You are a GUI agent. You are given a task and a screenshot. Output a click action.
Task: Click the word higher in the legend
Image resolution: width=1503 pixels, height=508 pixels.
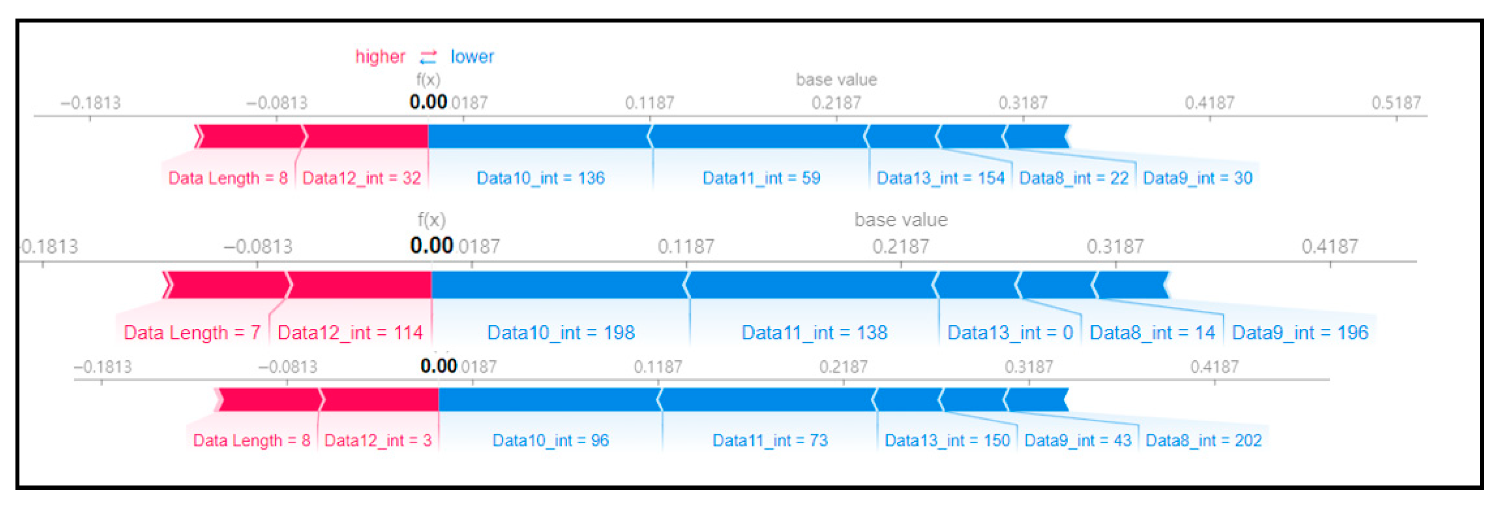click(380, 56)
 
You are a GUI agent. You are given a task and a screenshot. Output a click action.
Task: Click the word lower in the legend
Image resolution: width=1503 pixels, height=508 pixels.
click(472, 56)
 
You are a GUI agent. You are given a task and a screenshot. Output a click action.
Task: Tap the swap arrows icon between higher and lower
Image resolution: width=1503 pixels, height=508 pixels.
click(428, 56)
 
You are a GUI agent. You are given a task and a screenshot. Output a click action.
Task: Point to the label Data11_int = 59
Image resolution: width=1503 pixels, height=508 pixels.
click(761, 178)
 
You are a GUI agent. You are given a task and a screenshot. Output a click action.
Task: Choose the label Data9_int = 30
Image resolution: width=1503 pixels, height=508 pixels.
click(1197, 178)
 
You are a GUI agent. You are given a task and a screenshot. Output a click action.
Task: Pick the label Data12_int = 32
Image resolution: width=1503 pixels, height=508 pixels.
click(361, 178)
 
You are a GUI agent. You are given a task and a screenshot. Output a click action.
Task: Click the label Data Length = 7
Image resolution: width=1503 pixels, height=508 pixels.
click(192, 332)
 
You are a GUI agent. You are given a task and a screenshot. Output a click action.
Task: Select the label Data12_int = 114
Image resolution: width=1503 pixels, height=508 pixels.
click(349, 332)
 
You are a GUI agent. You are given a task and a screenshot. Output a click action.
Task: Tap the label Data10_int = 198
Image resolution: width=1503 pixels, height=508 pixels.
click(561, 332)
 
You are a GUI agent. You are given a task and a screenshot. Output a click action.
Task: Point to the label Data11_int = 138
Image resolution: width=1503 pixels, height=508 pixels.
click(814, 332)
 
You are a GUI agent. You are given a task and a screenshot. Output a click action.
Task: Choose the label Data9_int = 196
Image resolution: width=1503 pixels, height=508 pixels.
click(1300, 332)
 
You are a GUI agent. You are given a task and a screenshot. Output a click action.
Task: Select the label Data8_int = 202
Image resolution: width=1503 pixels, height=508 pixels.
click(1204, 440)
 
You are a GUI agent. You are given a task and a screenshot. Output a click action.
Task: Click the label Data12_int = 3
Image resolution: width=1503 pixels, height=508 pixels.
click(378, 440)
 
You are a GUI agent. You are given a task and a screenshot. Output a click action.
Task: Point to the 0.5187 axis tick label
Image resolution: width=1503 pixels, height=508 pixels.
click(1396, 103)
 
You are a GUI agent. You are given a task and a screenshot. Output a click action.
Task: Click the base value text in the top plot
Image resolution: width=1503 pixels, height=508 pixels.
click(836, 79)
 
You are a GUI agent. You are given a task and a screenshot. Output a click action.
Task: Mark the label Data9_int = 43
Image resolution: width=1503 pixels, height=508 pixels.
click(1078, 440)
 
